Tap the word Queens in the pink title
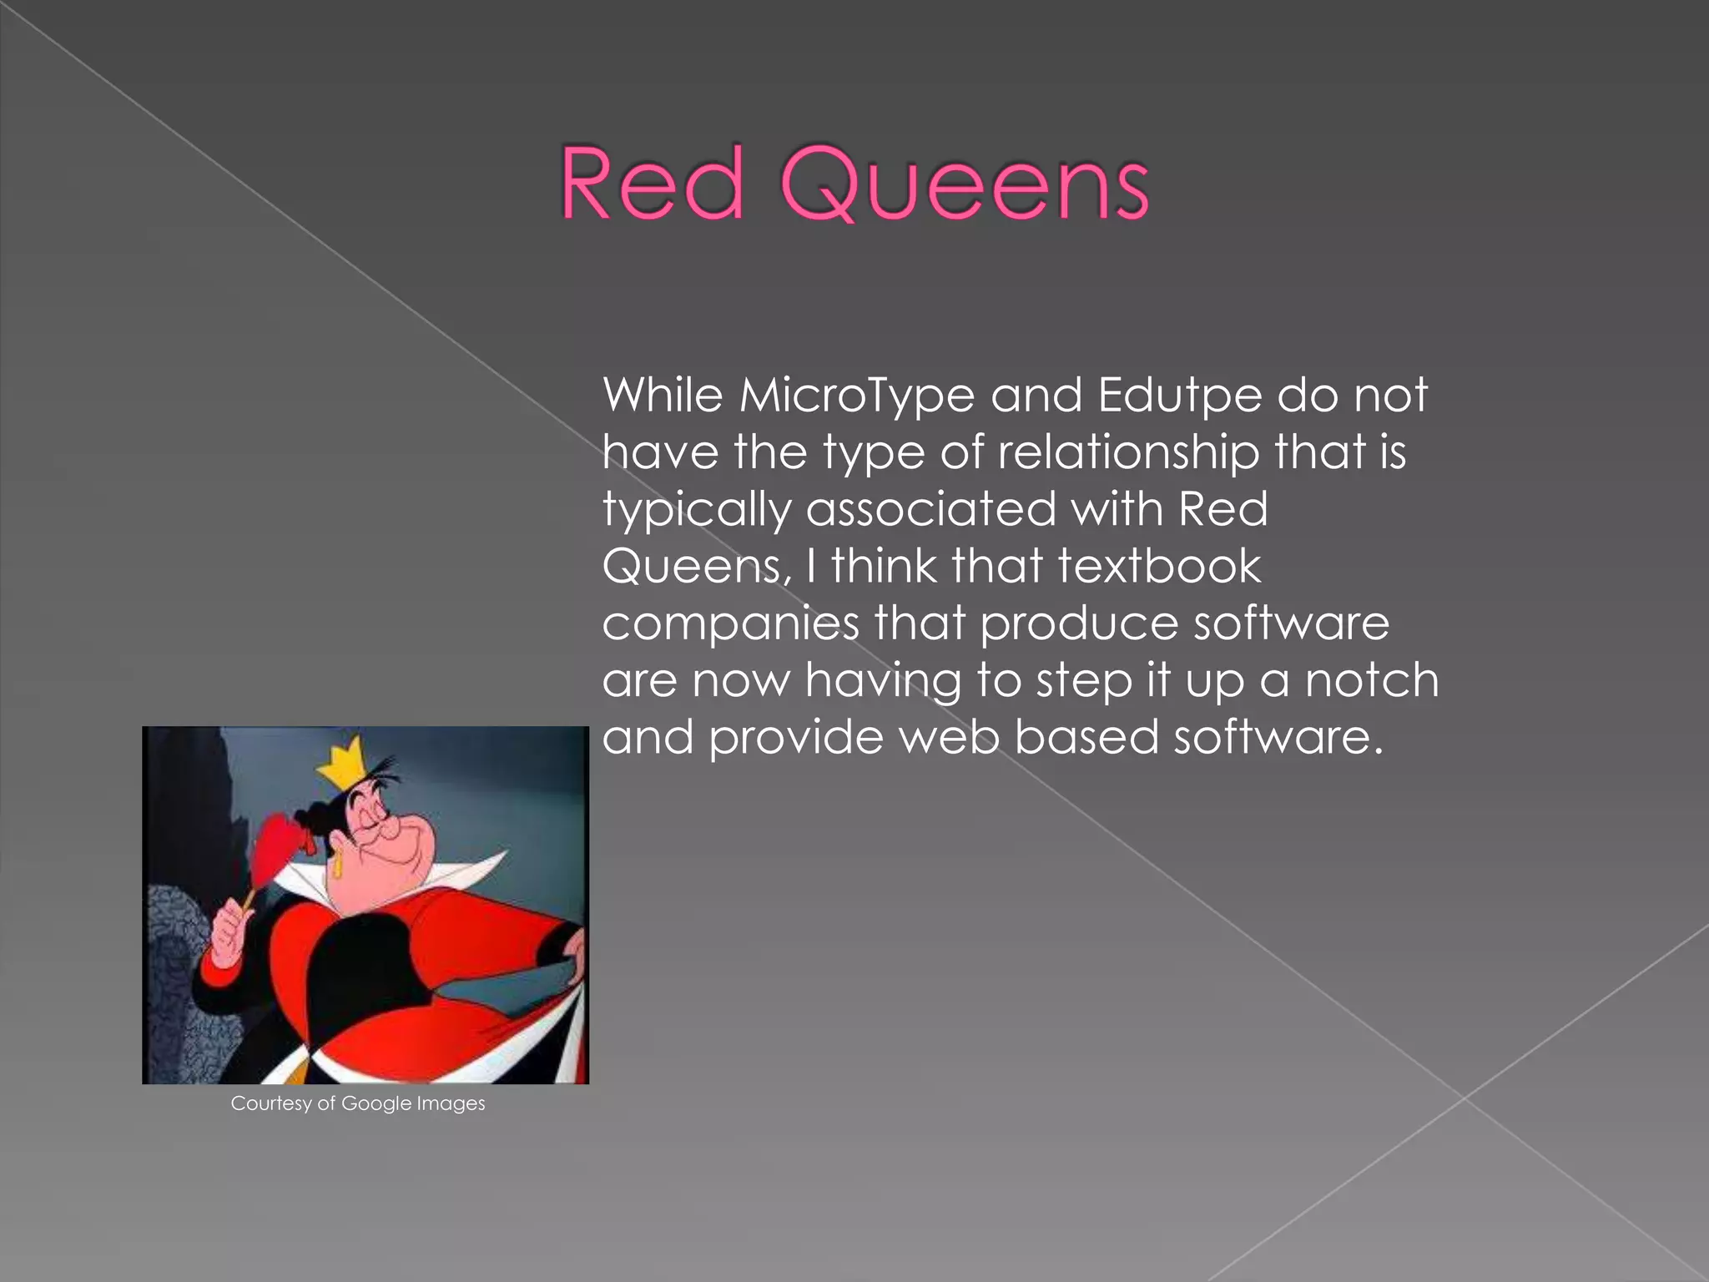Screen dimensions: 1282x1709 tap(965, 185)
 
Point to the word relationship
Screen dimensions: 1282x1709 tap(1128, 452)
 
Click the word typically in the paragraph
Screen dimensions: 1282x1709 tap(696, 510)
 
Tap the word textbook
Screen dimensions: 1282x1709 tap(1160, 566)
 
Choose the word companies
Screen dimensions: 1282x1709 tap(730, 624)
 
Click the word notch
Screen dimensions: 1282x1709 tap(1372, 680)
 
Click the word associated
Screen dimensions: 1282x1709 tap(930, 509)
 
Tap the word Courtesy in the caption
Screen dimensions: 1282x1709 tap(270, 1103)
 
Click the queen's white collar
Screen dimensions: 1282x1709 tap(467, 872)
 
